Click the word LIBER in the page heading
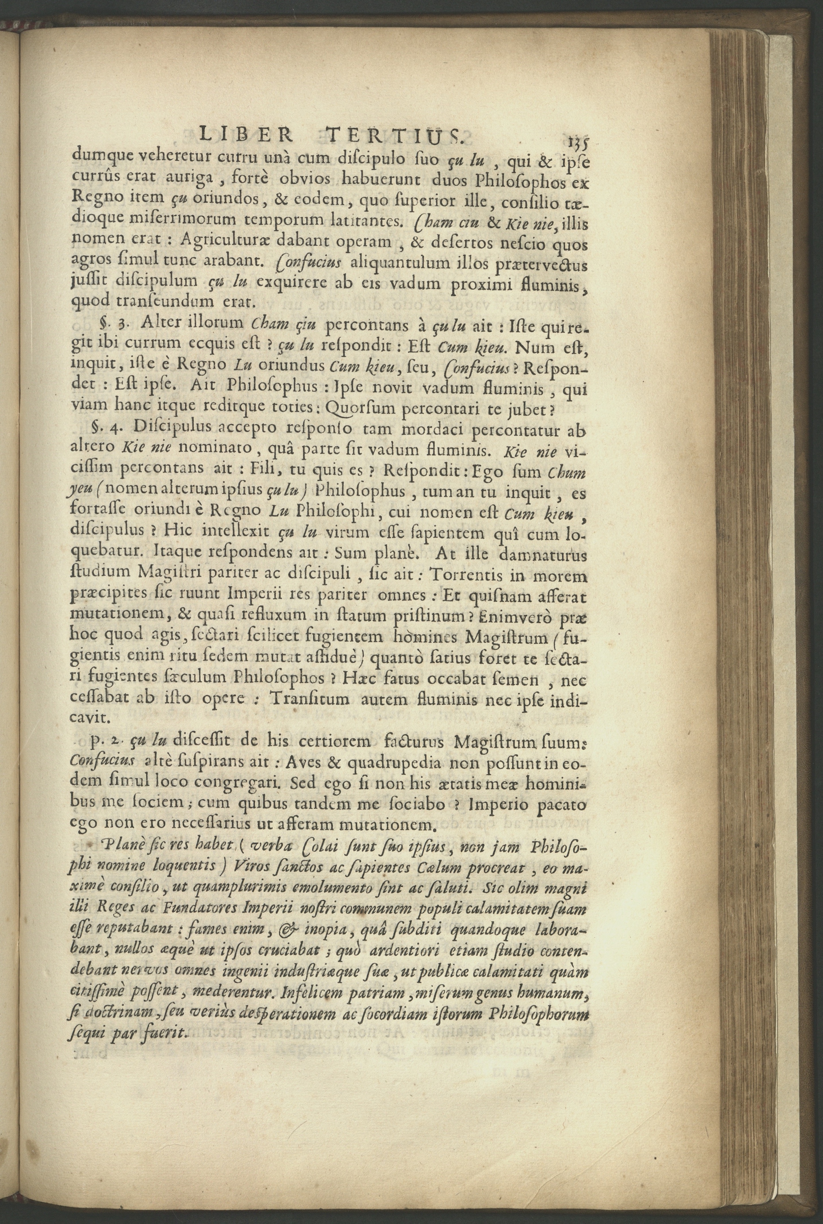tap(247, 136)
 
